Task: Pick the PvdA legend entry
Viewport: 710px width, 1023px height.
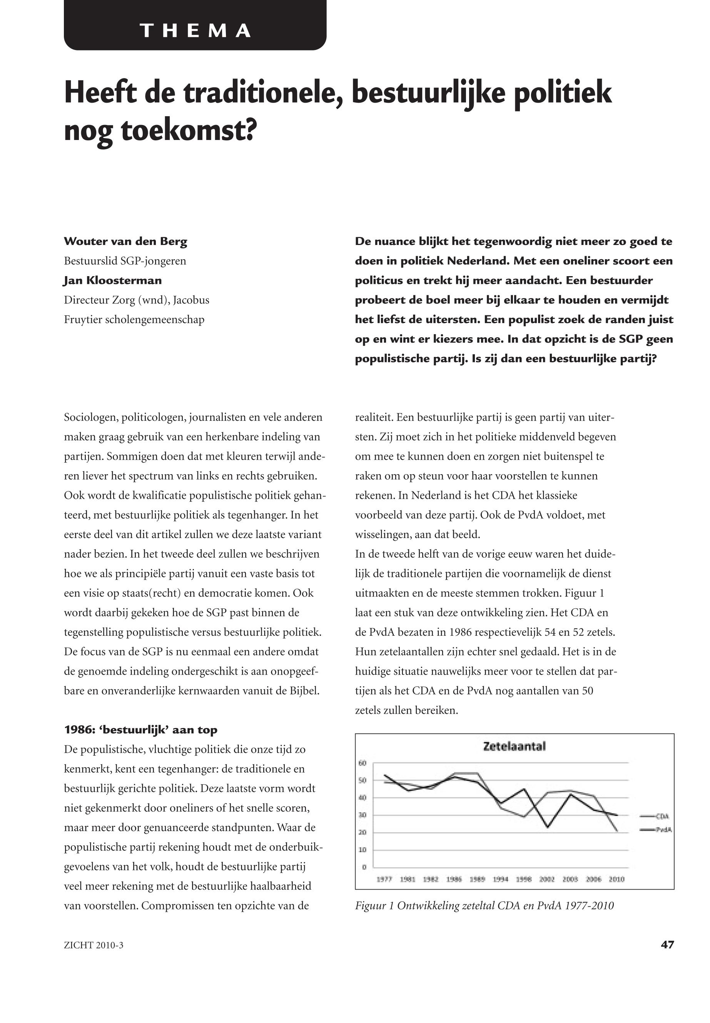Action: pos(663,830)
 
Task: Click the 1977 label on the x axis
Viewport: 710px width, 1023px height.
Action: pos(384,879)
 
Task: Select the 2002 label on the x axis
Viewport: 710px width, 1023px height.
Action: pos(547,879)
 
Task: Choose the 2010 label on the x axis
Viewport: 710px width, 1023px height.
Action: pos(616,879)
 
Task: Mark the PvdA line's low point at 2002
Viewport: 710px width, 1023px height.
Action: pos(547,827)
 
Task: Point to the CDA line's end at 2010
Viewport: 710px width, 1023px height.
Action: pos(616,830)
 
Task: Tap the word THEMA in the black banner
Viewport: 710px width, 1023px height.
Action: pos(195,31)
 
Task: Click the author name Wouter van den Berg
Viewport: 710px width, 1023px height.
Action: pos(125,242)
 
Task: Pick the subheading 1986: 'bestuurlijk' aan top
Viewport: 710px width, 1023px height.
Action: pos(140,730)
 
